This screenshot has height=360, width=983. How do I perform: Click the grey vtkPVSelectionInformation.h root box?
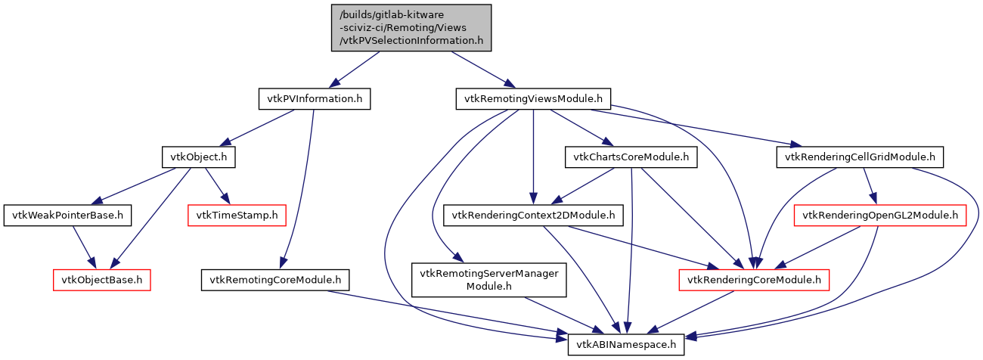tap(411, 28)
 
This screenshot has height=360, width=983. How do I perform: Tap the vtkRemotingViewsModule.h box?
tap(533, 99)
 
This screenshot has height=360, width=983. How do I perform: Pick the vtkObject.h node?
tap(199, 157)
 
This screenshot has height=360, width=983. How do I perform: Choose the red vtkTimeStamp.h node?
tap(237, 216)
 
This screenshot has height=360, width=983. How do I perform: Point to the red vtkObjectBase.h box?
tap(102, 280)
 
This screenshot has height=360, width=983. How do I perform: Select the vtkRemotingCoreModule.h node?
tap(276, 280)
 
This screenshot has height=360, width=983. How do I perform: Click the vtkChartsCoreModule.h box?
tap(630, 157)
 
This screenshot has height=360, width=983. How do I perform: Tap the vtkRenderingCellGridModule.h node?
tap(861, 157)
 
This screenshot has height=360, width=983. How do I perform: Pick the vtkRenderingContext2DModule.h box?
tap(533, 216)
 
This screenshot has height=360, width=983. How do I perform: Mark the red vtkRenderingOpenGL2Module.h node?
tap(880, 216)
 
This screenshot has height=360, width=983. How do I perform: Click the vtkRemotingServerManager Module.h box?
tap(488, 280)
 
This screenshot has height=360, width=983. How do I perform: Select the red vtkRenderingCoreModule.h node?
tap(753, 280)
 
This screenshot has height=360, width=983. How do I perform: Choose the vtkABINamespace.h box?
tap(626, 345)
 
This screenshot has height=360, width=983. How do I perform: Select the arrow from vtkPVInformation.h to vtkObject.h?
tap(257, 128)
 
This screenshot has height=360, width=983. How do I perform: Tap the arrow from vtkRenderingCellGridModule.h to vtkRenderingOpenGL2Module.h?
tap(870, 186)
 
